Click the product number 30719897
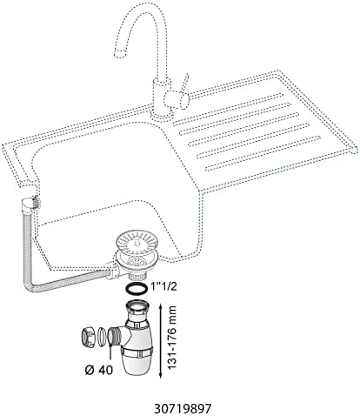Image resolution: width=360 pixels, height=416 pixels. point(183,409)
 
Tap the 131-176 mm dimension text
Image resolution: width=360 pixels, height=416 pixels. point(173,337)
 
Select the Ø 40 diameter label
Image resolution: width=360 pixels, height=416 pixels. point(99,370)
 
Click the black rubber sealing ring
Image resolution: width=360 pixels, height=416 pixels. point(137,288)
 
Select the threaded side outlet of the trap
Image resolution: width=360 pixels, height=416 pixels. point(114,337)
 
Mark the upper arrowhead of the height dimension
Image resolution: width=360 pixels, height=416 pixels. point(160,305)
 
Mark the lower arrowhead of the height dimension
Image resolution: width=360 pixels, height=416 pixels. point(160,375)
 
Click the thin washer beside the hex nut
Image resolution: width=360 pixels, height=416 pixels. point(101,337)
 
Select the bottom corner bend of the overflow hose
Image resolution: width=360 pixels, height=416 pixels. point(29,286)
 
